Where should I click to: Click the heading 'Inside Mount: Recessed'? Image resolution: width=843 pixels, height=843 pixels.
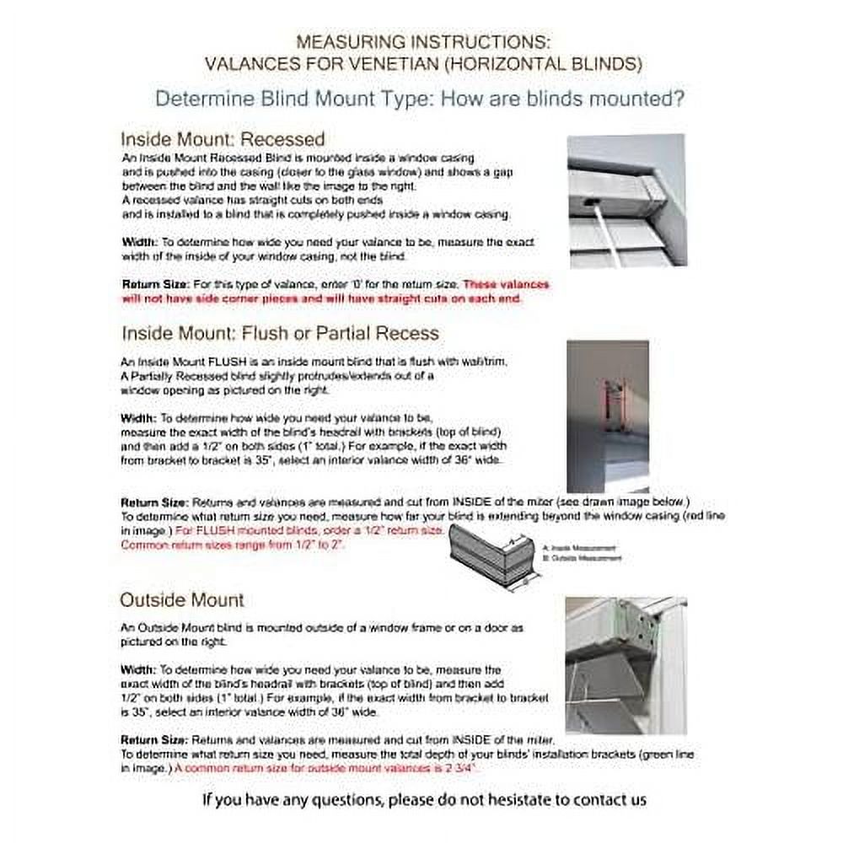pyautogui.click(x=222, y=138)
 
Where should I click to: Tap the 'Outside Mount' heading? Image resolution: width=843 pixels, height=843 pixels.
pyautogui.click(x=181, y=600)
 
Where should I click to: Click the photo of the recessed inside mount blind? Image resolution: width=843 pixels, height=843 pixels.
pyautogui.click(x=627, y=201)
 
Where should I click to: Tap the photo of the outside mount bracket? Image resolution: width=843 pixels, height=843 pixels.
pyautogui.click(x=626, y=664)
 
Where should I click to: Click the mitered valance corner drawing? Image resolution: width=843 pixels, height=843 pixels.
pyautogui.click(x=492, y=557)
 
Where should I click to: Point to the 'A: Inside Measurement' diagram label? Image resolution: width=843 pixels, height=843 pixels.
pyautogui.click(x=590, y=547)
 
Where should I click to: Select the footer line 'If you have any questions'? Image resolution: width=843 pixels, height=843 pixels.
pyautogui.click(x=424, y=798)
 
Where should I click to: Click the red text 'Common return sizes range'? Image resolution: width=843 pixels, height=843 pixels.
pyautogui.click(x=233, y=545)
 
